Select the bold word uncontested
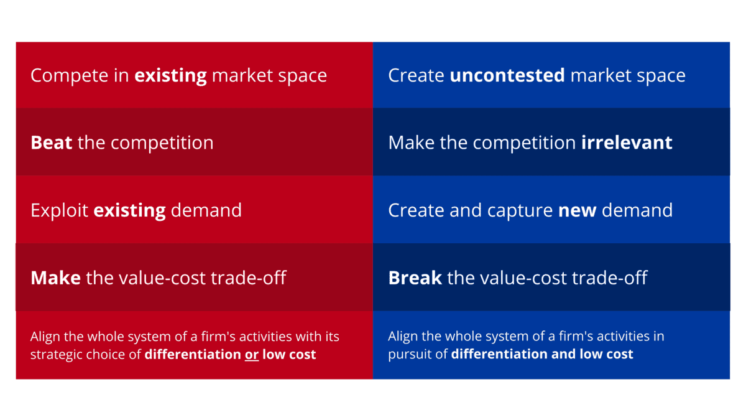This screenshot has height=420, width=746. point(507,75)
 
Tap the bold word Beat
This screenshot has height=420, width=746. point(51,142)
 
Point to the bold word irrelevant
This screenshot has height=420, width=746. point(627,142)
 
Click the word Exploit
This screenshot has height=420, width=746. point(59,211)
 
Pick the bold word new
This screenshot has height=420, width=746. point(577,211)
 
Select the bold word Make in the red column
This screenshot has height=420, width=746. point(55,278)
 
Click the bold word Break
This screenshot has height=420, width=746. point(415,278)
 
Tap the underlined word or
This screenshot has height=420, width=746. point(252,355)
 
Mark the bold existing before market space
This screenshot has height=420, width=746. point(170,76)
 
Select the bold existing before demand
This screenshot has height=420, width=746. point(129,211)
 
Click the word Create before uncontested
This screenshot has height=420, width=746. point(417,75)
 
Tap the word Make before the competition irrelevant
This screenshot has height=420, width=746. point(412,142)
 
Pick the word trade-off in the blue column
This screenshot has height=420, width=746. point(610,278)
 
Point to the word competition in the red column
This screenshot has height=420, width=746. point(162,143)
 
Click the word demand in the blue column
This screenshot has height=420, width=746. point(637,210)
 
